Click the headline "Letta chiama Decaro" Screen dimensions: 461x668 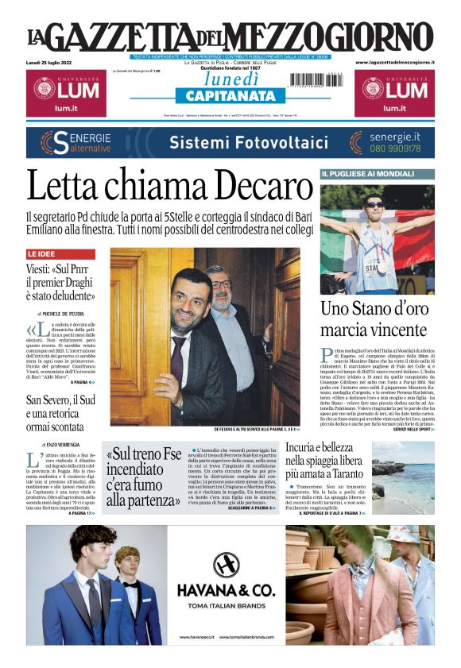(169, 187)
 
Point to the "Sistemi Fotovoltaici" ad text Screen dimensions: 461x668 (238, 143)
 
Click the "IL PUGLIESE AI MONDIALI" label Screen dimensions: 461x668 (358, 173)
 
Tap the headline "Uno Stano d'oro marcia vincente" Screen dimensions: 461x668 (374, 319)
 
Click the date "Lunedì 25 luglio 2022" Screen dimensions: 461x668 (49, 62)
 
